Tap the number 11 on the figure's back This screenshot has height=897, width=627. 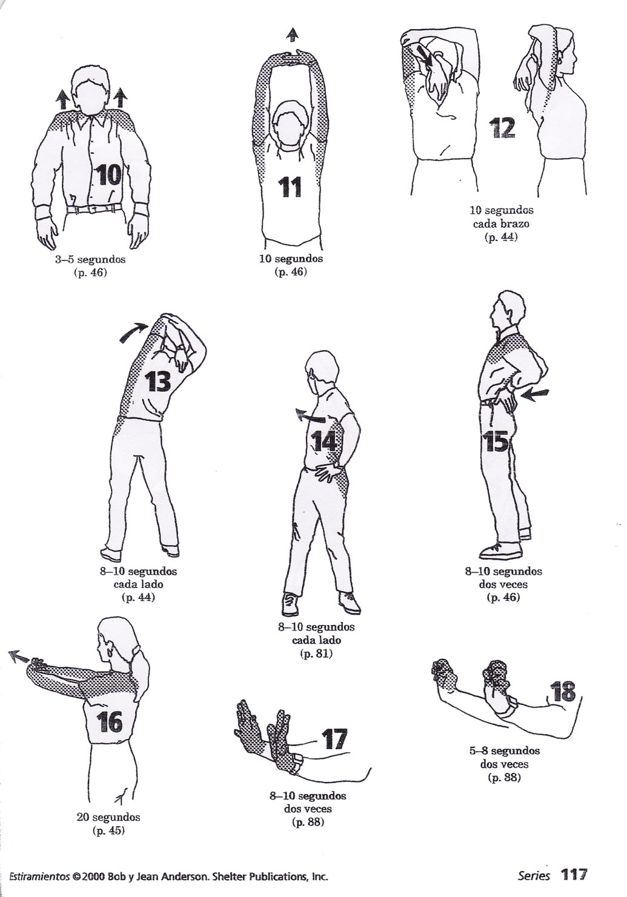coord(290,187)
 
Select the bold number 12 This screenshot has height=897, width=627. coord(503,128)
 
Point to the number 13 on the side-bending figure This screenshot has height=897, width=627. coord(159,382)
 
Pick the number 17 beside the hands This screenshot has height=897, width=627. coord(334,739)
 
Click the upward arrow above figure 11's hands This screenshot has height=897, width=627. coord(294,35)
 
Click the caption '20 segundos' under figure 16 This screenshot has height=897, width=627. coord(108,817)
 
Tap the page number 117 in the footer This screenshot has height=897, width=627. coord(574,875)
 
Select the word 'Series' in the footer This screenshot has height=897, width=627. coord(534,876)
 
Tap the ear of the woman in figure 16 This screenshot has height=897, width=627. coord(111,654)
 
